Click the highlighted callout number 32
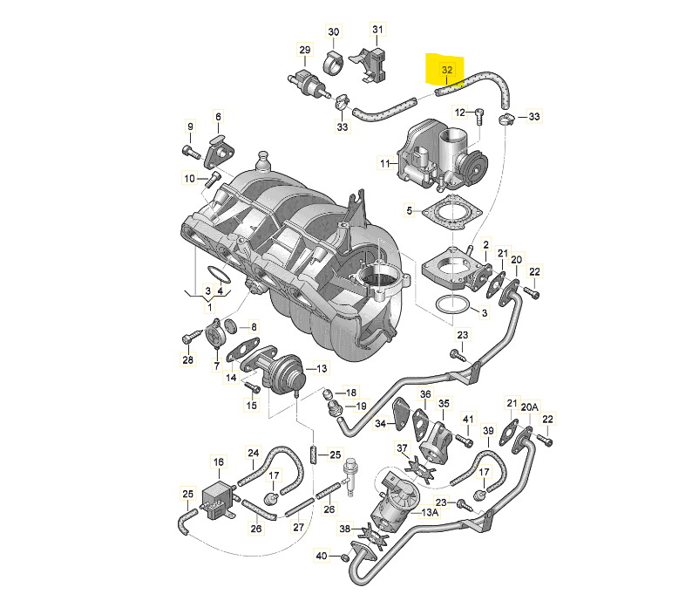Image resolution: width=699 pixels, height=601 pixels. tap(447, 70)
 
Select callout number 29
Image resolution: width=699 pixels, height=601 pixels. tap(305, 50)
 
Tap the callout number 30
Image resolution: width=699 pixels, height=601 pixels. tap(334, 31)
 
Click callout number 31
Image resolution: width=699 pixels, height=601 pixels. tap(377, 30)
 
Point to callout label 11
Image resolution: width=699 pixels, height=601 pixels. tap(385, 164)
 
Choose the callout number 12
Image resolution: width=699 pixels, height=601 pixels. tap(459, 113)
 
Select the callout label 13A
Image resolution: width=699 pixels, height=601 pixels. tap(430, 513)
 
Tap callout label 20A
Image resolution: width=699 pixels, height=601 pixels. tap(530, 406)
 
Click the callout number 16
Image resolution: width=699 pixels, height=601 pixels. tap(219, 461)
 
